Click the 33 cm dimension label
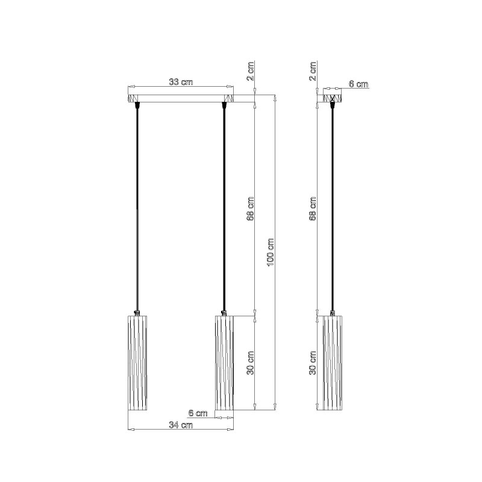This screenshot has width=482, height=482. (181, 82)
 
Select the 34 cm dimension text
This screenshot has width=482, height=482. (181, 425)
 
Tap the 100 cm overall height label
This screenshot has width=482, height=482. (271, 252)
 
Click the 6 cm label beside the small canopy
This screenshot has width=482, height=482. (358, 84)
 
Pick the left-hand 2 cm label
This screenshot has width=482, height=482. (251, 70)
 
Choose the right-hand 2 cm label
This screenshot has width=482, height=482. (313, 70)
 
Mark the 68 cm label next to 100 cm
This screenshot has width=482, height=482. (251, 209)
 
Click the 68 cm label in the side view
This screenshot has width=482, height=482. (313, 209)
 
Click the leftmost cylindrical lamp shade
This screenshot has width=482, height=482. (138, 363)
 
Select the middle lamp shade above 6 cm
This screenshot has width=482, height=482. (224, 363)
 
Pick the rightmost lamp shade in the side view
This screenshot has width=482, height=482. (333, 363)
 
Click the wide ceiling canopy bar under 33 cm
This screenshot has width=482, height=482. (181, 98)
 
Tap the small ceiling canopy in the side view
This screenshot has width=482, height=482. (333, 98)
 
